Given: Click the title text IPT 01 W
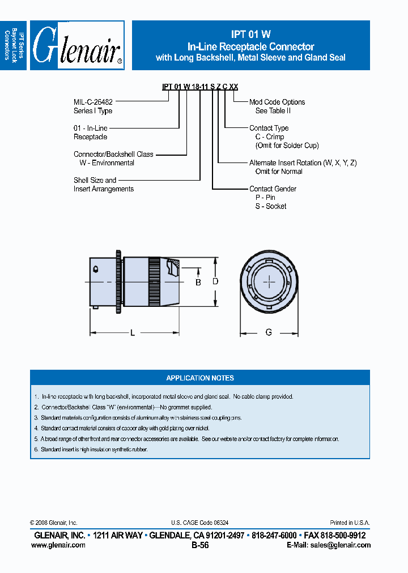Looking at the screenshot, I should point(250,35).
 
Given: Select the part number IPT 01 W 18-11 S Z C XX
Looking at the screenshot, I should point(200,87).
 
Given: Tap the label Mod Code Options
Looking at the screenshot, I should point(277,102).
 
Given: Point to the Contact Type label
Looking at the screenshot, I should point(269,128).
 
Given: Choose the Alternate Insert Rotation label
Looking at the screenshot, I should point(303,163).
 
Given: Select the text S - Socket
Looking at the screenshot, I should point(271,206).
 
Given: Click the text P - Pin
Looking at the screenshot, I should point(265,198).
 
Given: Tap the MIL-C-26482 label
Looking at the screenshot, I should point(93,102).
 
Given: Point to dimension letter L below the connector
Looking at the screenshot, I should point(133,333).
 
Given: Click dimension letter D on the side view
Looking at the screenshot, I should point(215,281).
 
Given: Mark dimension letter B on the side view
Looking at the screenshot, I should point(198,282).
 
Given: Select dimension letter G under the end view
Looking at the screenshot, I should point(269,332).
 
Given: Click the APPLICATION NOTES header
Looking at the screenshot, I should point(200,378).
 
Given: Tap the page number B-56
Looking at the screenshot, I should point(200,545).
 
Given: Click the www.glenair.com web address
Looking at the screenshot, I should point(58,545).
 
